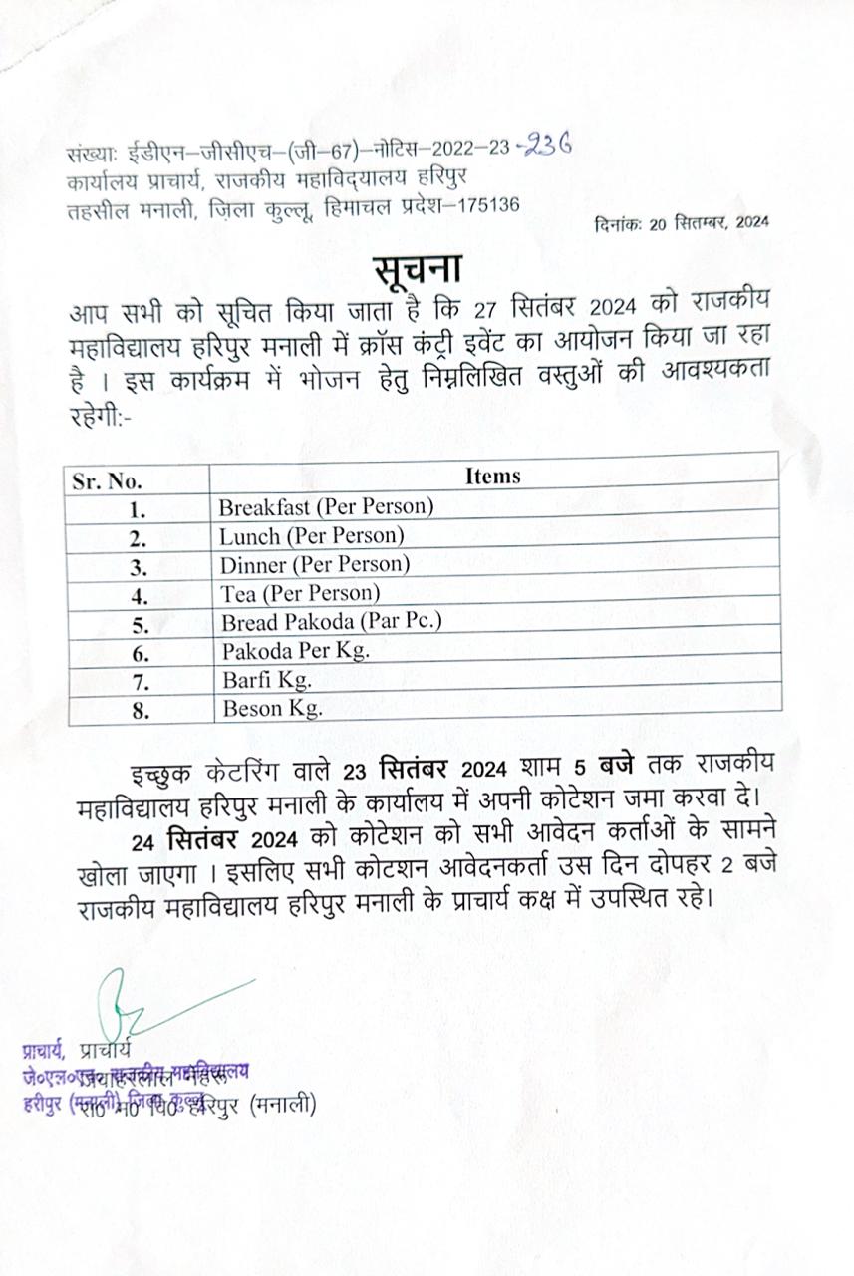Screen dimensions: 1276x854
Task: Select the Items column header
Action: (493, 476)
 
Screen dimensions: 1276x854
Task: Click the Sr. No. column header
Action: (108, 481)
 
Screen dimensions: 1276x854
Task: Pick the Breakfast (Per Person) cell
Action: (327, 506)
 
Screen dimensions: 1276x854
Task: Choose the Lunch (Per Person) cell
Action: (312, 535)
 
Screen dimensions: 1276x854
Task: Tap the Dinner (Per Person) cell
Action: (315, 564)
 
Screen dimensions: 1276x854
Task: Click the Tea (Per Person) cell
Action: (300, 593)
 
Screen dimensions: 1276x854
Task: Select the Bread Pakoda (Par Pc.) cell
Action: (331, 622)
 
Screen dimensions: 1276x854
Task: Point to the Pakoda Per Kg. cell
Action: (295, 651)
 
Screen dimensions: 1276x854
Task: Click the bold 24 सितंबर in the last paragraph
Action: (189, 837)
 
